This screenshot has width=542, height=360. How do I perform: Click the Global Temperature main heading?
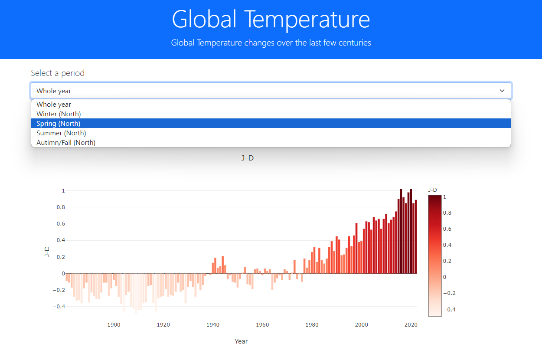click(x=271, y=19)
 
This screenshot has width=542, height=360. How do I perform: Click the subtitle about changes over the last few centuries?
click(x=271, y=43)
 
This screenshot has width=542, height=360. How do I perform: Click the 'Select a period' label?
click(x=58, y=73)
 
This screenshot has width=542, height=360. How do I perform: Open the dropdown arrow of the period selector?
click(x=502, y=91)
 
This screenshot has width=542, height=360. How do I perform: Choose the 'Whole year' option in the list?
click(x=54, y=104)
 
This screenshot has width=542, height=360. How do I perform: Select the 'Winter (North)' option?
click(x=59, y=114)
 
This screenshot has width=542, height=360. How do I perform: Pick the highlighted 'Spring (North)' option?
click(x=59, y=123)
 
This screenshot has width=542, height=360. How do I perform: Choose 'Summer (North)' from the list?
click(x=61, y=133)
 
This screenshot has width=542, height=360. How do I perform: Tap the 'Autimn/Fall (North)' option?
click(x=66, y=142)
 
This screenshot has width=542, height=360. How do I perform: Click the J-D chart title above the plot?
click(x=248, y=158)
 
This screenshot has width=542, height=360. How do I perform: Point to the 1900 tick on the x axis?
click(x=114, y=324)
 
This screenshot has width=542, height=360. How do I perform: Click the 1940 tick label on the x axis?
click(x=213, y=324)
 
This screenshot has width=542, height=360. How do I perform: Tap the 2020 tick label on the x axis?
click(x=411, y=324)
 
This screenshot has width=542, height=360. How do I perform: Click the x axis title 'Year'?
click(x=241, y=341)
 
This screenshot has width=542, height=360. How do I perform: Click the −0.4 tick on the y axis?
click(x=59, y=306)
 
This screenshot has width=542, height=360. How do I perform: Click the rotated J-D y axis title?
click(x=47, y=252)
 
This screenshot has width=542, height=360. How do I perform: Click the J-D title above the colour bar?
click(x=432, y=190)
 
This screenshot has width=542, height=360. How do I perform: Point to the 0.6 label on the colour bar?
click(x=447, y=229)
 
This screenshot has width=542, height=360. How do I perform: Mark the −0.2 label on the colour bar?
click(x=449, y=293)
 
